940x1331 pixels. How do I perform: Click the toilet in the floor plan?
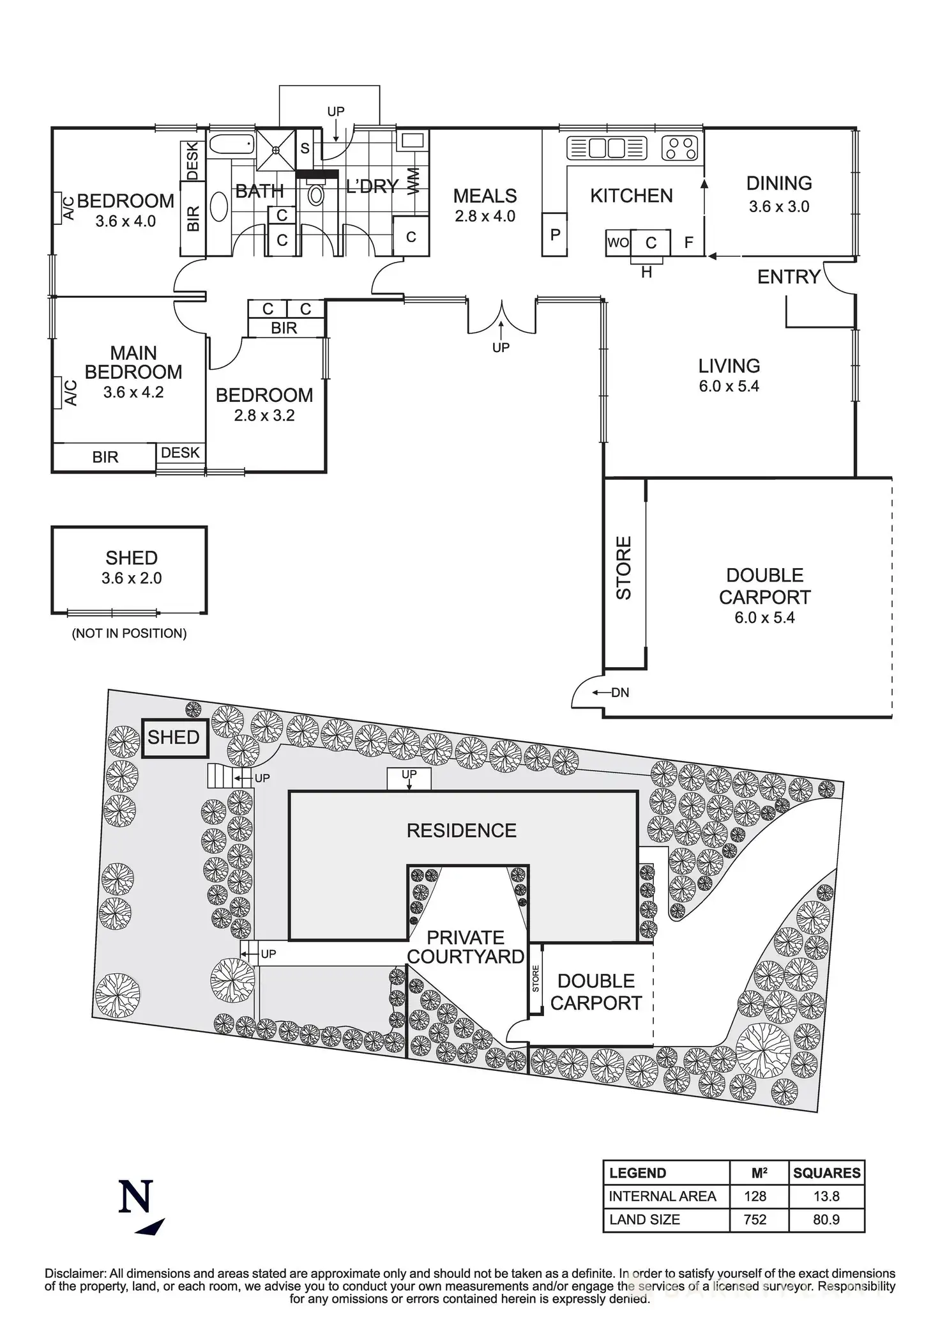pyautogui.click(x=316, y=193)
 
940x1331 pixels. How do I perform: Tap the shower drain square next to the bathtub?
pyautogui.click(x=277, y=150)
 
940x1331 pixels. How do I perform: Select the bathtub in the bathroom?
pyautogui.click(x=231, y=146)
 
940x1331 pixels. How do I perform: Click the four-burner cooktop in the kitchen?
pyautogui.click(x=680, y=148)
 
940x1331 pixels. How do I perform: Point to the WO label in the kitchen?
pyautogui.click(x=618, y=243)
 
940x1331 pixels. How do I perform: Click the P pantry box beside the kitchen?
pyautogui.click(x=554, y=235)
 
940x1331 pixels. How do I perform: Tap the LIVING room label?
pyautogui.click(x=729, y=366)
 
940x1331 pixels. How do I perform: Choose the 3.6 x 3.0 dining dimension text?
pyautogui.click(x=779, y=206)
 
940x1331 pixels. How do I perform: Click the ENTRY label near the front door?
pyautogui.click(x=788, y=277)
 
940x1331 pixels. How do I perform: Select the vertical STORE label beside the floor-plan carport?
pyautogui.click(x=624, y=567)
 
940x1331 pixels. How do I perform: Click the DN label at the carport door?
pyautogui.click(x=619, y=693)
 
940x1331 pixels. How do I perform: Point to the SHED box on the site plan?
pyautogui.click(x=174, y=737)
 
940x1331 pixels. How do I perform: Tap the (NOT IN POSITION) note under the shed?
pyautogui.click(x=130, y=633)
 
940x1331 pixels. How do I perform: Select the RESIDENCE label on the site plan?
pyautogui.click(x=461, y=830)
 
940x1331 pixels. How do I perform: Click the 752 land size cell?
pyautogui.click(x=755, y=1219)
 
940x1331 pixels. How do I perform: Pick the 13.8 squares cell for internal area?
pyautogui.click(x=826, y=1196)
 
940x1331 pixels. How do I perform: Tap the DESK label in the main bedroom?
pyautogui.click(x=180, y=452)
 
